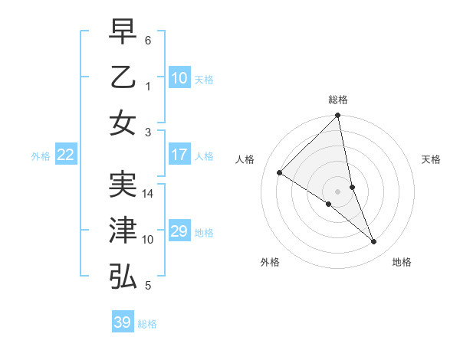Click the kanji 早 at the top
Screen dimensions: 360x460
coord(123,32)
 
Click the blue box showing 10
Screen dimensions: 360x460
coord(179,78)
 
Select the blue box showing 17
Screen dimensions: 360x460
coord(179,155)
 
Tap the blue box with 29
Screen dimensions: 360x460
coord(179,231)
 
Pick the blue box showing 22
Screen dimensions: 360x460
coord(66,155)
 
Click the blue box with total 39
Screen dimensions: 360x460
coord(123,322)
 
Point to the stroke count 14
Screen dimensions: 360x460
coord(149,194)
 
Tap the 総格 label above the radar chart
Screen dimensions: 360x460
coord(338,100)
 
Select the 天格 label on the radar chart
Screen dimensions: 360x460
coord(431,159)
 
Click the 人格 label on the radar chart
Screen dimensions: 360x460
coord(246,159)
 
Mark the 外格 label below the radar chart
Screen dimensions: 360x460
coord(270,262)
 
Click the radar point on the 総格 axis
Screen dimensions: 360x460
coord(338,116)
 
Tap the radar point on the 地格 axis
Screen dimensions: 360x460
coord(374,242)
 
